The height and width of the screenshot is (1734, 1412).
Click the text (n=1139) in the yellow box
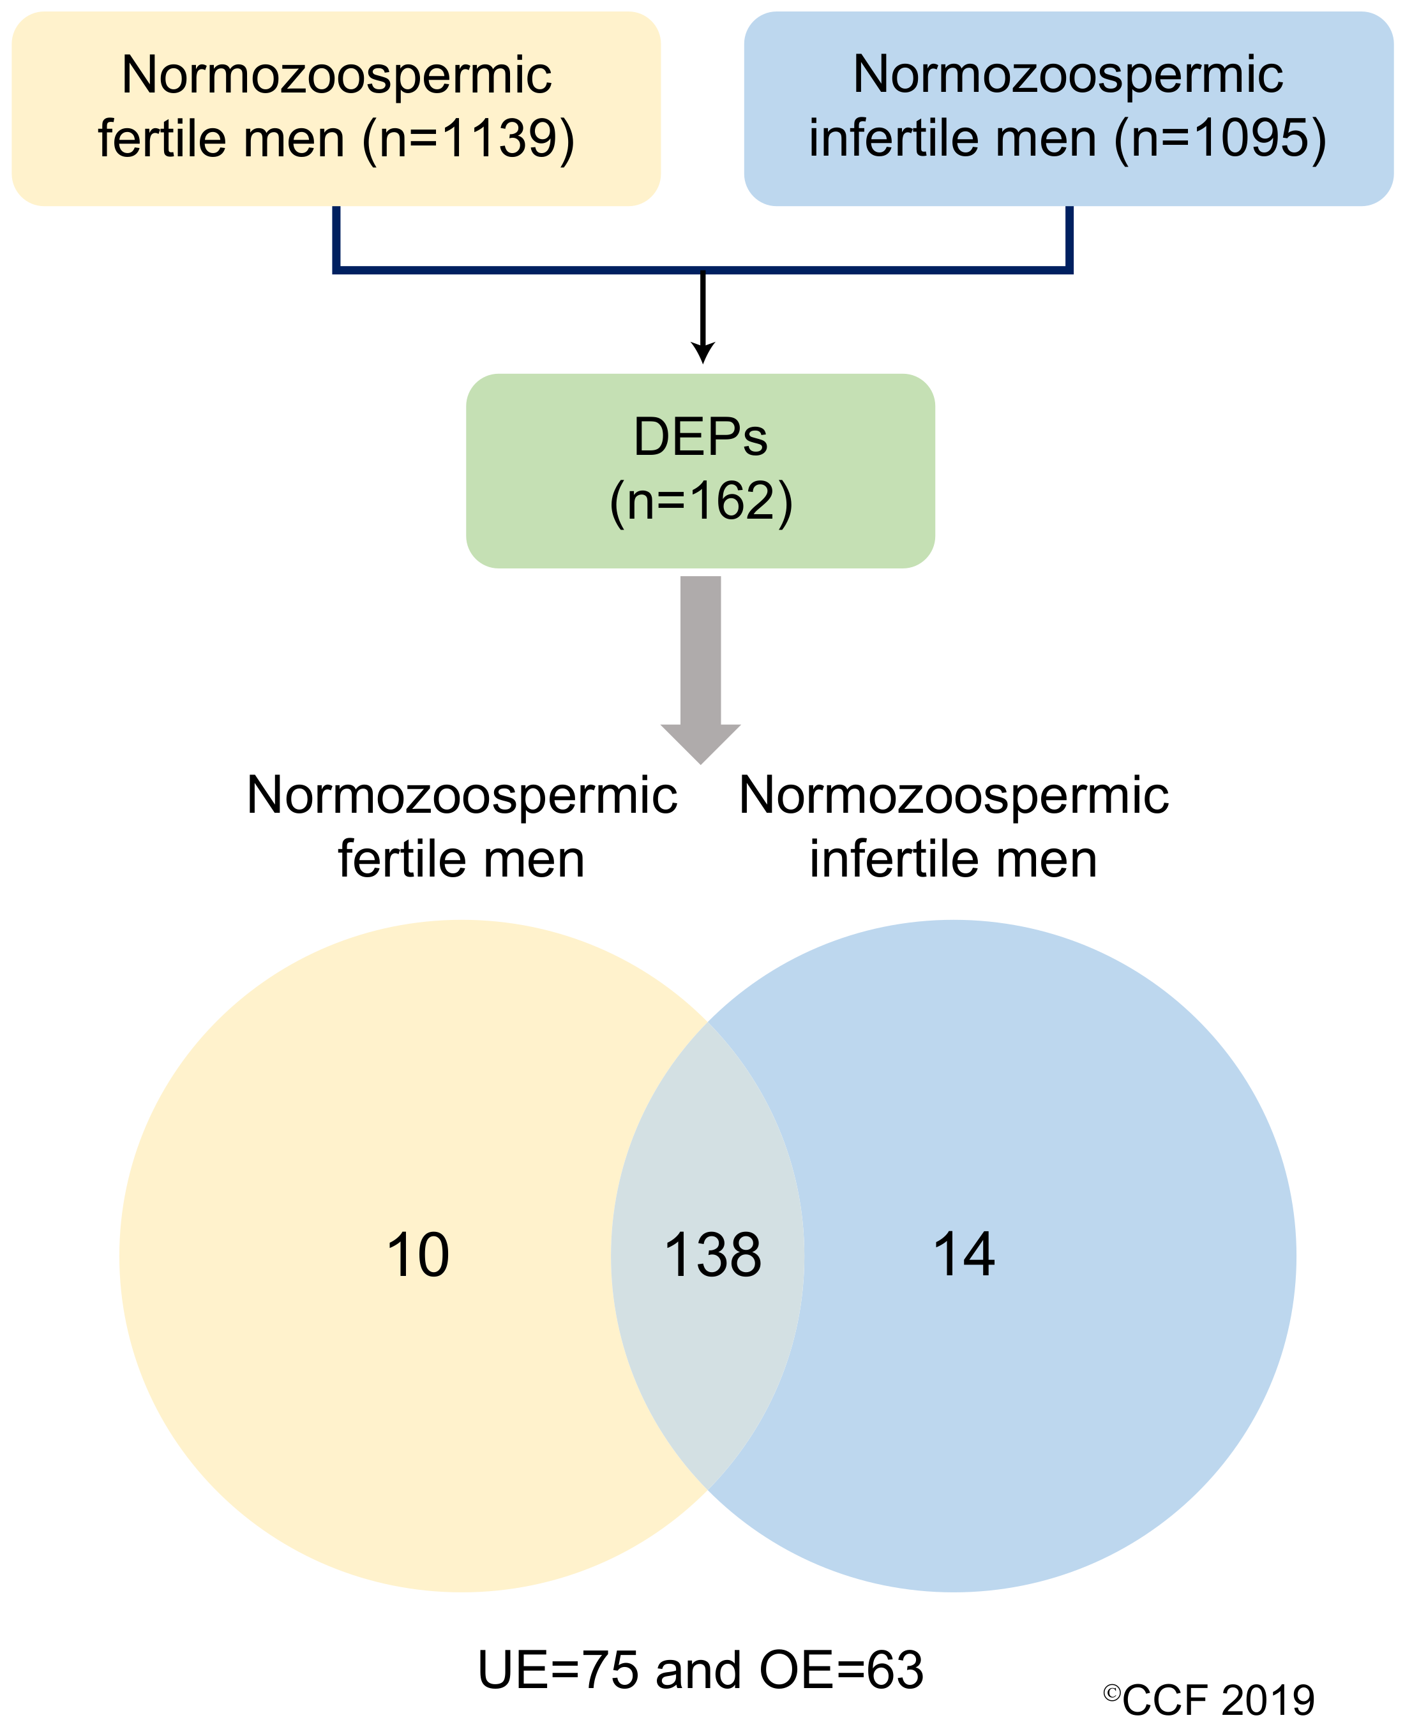tap(469, 138)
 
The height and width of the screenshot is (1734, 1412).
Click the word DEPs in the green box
tap(700, 438)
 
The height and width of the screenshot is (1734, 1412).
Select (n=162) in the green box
tap(700, 501)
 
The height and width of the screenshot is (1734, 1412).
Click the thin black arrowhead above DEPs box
tap(703, 353)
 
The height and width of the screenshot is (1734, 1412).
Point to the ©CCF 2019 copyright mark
tap(1208, 1700)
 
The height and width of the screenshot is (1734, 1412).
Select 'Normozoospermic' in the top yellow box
tap(337, 75)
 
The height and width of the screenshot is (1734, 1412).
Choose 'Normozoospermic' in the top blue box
tap(1068, 74)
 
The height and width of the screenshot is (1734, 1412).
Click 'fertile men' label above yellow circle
tap(461, 859)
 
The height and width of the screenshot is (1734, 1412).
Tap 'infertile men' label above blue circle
tap(953, 859)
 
